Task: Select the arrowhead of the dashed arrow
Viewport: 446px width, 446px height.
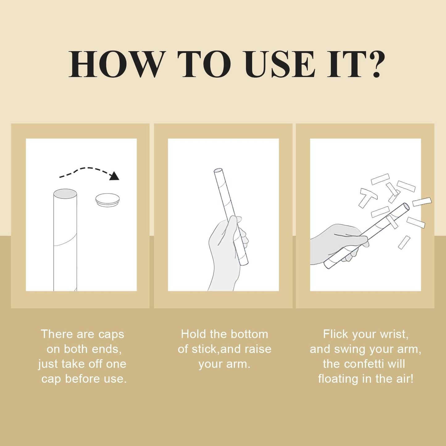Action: coord(114,176)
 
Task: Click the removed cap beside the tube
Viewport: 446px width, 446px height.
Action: coord(108,199)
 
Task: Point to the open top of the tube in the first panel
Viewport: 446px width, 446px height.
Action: coord(65,193)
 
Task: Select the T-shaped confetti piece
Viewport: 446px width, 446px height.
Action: coord(367,197)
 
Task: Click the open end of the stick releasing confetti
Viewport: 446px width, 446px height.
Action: coord(406,206)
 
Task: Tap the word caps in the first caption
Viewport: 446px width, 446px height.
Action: coord(111,335)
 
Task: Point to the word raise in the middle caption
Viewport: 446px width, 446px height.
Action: coord(258,349)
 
